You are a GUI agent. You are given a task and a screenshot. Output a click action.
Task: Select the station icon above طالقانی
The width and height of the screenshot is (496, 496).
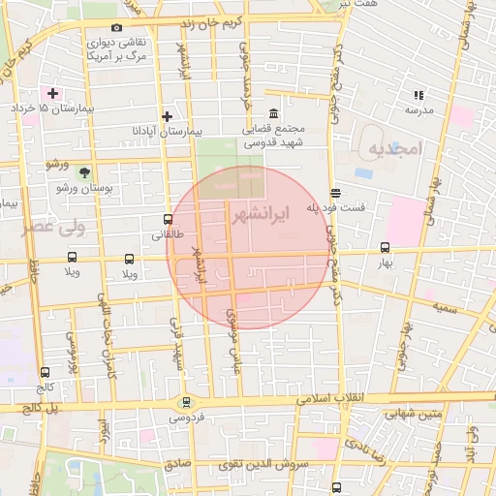point(169,220)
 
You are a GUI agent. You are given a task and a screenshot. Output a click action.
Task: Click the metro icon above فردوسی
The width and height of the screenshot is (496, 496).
point(186,402)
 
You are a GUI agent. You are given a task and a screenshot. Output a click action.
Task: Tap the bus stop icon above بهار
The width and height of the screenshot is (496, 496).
point(386,247)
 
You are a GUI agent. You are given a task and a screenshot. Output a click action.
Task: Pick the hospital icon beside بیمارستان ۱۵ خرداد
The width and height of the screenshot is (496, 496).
point(52,93)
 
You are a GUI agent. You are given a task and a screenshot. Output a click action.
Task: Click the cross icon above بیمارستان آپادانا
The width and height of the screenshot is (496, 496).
point(168,114)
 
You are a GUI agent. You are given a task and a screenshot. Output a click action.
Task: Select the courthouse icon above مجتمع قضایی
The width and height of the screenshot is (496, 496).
point(274,112)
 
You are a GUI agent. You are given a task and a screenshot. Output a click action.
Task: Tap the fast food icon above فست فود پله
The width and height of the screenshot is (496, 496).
point(335,192)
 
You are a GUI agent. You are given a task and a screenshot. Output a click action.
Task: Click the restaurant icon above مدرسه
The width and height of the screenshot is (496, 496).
point(418,95)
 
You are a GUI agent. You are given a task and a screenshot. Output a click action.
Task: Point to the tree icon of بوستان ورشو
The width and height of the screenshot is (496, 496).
point(84,172)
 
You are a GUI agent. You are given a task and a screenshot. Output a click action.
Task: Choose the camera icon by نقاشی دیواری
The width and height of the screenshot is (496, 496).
point(117,28)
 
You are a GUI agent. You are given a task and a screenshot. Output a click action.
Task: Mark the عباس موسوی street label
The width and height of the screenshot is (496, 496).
point(233,343)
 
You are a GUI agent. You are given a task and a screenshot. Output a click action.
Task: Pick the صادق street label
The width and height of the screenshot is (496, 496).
point(177,466)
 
